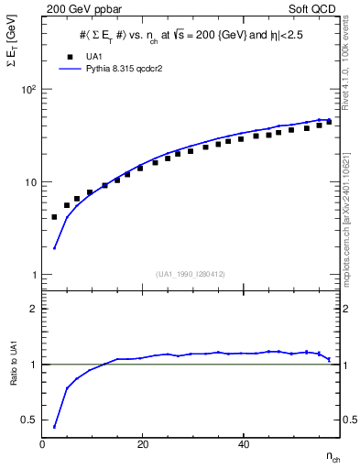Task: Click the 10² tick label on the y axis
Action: click(28, 90)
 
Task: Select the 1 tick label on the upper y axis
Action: click(32, 275)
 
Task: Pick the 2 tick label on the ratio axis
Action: click(33, 309)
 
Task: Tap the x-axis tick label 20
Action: click(142, 443)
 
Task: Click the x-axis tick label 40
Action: click(241, 443)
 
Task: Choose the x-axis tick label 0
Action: click(43, 443)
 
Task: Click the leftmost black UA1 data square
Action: click(55, 217)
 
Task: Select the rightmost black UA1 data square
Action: click(329, 121)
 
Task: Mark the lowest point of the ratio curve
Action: click(55, 427)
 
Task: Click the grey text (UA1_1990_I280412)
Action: click(191, 274)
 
